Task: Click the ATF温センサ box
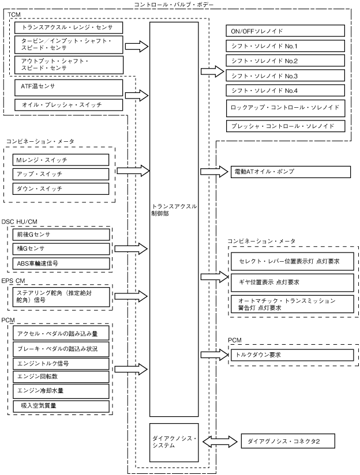68,88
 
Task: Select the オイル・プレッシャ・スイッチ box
68,104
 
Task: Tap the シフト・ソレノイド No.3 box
286,75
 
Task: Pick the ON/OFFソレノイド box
286,30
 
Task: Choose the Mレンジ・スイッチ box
61,159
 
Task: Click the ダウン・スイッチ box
61,189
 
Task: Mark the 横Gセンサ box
61,248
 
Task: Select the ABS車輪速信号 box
61,263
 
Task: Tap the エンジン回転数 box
61,376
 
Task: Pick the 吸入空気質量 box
61,406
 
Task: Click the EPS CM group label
16,281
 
